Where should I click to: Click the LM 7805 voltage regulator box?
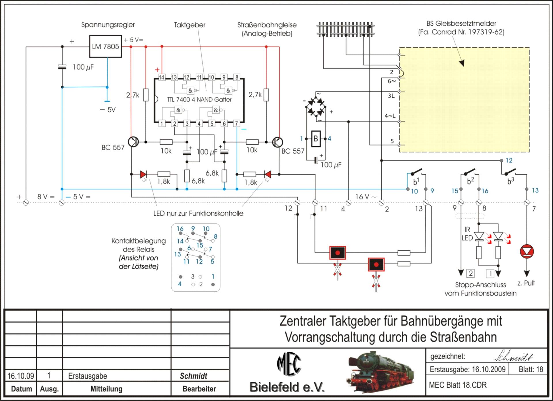tap(105, 46)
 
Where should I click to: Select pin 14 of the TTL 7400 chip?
tap(162, 77)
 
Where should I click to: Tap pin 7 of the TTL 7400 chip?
tap(236, 124)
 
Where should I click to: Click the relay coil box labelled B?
tap(316, 139)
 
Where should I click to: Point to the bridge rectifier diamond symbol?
tap(315, 107)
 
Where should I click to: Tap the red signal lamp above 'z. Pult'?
tap(527, 251)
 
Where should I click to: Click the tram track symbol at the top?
tap(345, 29)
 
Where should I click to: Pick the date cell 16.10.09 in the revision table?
tap(21, 376)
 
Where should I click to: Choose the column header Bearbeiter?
tap(199, 389)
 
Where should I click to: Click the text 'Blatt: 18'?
tap(531, 369)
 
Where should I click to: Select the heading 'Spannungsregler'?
tap(108, 25)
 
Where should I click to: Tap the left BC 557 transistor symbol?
tap(133, 142)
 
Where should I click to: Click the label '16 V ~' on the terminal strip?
tap(366, 197)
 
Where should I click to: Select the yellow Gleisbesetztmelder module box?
tap(464, 100)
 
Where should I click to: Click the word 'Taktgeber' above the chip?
tap(190, 25)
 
